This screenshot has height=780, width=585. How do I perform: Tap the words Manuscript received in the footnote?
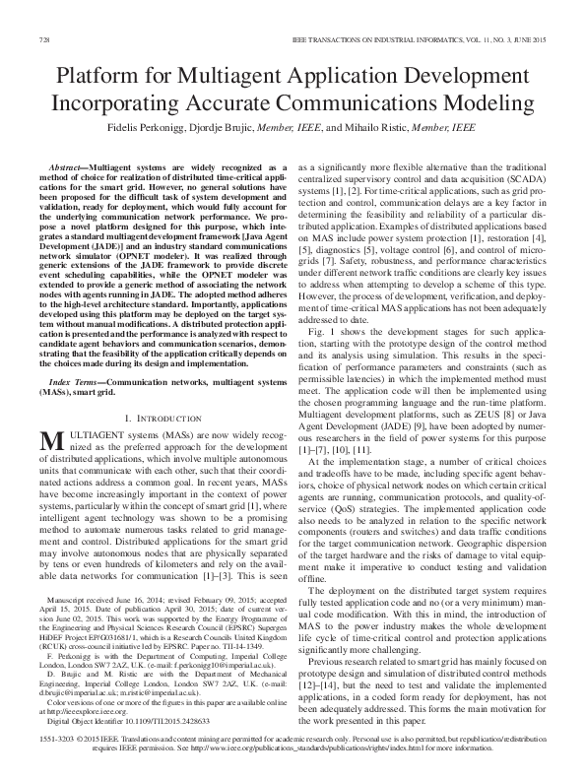pyautogui.click(x=84, y=600)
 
